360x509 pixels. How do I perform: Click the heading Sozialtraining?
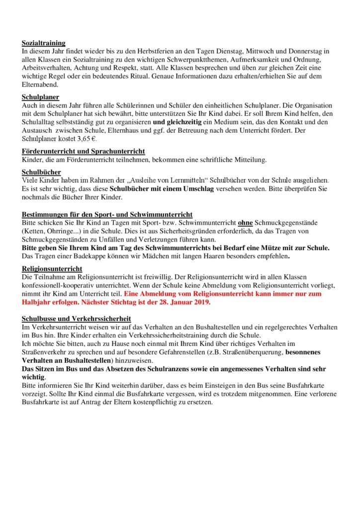pos(44,43)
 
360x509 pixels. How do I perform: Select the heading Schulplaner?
pos(41,97)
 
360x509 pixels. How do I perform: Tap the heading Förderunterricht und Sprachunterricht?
pos(84,151)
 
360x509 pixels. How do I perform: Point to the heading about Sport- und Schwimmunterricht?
pos(107,214)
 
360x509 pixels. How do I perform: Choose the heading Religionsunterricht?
pos(52,269)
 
